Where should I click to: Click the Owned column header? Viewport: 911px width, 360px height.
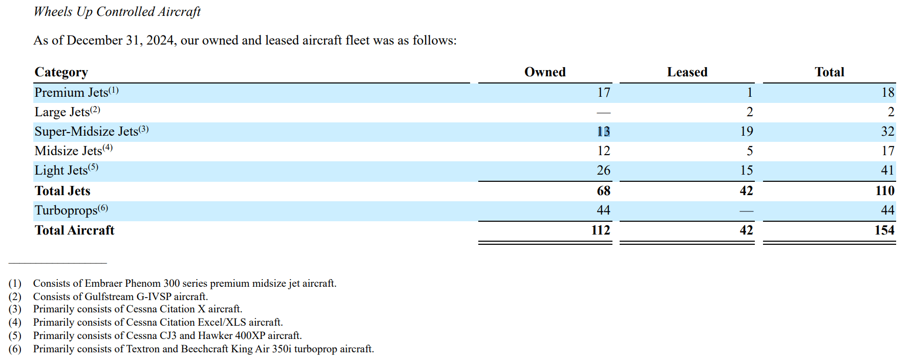coord(545,72)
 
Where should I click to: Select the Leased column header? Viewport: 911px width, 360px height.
coord(687,72)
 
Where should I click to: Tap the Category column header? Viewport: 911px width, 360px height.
coord(61,72)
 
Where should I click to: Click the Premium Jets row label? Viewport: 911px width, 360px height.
coord(71,93)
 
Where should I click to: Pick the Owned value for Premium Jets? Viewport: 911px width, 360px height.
coord(603,93)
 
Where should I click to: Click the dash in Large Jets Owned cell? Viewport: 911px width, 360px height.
coord(604,113)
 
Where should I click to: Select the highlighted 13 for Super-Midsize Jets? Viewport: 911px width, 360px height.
coord(603,132)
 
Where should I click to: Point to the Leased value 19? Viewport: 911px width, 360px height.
coord(746,132)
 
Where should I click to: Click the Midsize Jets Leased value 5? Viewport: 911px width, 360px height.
coord(749,151)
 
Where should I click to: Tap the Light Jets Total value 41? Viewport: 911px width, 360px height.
coord(887,171)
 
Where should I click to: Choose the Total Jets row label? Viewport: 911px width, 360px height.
coord(62,191)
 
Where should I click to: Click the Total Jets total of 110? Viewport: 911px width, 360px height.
coord(884,191)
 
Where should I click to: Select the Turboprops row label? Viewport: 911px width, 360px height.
coord(66,210)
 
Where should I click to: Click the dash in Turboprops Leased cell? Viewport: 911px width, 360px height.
coord(746,211)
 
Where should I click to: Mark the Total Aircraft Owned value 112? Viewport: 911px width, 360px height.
coord(600,230)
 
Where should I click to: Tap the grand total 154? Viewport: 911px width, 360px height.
coord(884,230)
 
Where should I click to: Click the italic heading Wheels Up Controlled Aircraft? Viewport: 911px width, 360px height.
coord(117,12)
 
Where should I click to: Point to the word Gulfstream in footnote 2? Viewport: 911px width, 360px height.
coord(109,297)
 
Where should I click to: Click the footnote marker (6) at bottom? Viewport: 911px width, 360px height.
coord(15,349)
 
